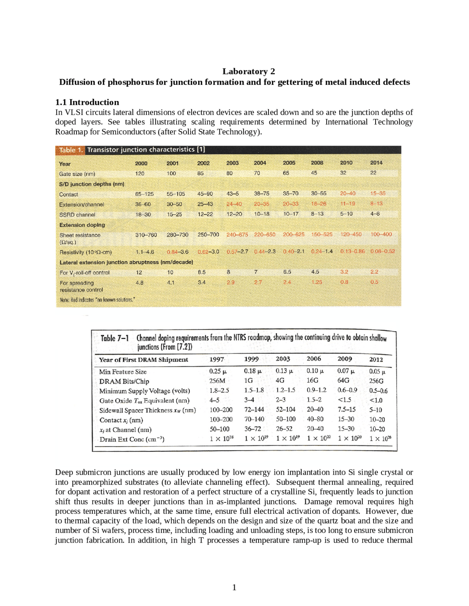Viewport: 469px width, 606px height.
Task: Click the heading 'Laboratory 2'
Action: [x=248, y=71]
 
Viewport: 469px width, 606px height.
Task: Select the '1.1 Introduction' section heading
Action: [x=87, y=102]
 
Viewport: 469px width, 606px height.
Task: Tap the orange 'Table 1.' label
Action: [x=71, y=150]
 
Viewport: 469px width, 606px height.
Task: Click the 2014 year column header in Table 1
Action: [x=376, y=162]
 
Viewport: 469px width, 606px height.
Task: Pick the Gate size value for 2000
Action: [x=140, y=173]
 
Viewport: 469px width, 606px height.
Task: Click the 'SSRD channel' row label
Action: [x=77, y=215]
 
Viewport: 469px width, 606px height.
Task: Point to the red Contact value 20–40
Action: [x=347, y=193]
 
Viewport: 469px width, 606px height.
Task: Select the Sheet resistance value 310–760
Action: [x=146, y=235]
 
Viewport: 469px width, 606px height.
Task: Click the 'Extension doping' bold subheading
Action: [x=82, y=225]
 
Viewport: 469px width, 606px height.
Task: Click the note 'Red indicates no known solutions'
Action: [x=97, y=300]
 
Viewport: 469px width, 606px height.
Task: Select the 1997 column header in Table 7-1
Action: [x=217, y=360]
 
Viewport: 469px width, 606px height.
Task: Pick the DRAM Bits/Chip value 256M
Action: [x=217, y=381]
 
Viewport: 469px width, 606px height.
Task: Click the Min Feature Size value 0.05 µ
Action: [x=377, y=371]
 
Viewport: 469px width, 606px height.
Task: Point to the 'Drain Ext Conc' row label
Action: [x=132, y=439]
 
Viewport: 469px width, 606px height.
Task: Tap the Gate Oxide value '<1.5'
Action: [x=344, y=400]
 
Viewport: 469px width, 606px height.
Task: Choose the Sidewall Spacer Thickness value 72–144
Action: [x=254, y=410]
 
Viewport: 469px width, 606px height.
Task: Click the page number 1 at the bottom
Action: [x=234, y=587]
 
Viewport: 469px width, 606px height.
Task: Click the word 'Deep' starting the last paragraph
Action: [x=64, y=472]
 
